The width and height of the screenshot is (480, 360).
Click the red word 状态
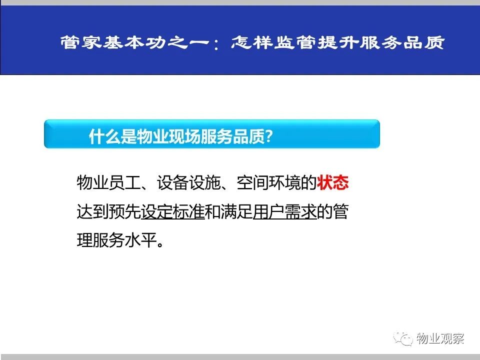pos(333,183)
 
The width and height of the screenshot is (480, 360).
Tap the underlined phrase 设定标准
pos(172,211)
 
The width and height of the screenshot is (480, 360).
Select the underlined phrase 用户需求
pos(284,211)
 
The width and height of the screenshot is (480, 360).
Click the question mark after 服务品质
pos(269,136)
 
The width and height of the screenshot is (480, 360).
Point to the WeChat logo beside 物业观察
pos(403,338)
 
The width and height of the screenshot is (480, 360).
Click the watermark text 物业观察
pos(440,338)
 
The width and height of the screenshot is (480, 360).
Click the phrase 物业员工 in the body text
pos(108,183)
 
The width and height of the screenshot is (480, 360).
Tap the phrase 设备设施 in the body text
pos(188,183)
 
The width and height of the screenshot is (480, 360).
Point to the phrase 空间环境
pos(269,183)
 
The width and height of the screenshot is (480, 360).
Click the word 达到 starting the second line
pos(93,211)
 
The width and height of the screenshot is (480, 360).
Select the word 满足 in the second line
pos(236,211)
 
